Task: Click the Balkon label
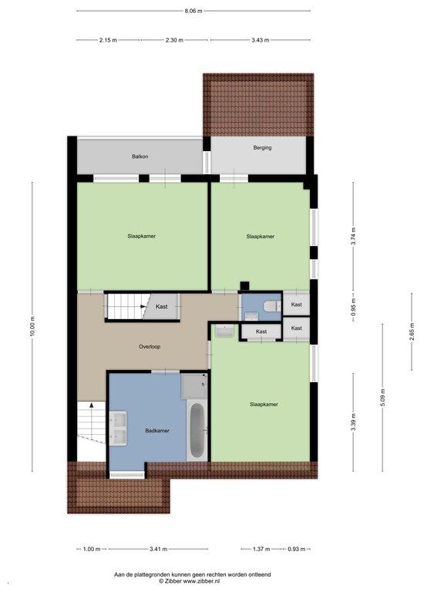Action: coord(140,156)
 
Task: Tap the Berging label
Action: coord(262,148)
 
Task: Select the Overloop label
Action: coord(150,347)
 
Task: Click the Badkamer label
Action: coord(157,430)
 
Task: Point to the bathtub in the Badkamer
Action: coord(197,430)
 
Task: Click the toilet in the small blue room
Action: coord(273,306)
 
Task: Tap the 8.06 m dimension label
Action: coord(193,11)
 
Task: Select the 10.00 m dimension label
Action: coord(32,326)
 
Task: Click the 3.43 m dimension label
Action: coord(261,39)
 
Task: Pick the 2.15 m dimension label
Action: coord(108,39)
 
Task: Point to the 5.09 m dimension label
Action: coord(382,398)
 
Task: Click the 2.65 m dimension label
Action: coord(412,331)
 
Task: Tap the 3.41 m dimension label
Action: coord(158,549)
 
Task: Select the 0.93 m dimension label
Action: coord(296,549)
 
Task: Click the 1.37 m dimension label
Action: coord(261,549)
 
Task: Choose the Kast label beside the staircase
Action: coord(162,307)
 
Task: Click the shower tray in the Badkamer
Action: coord(194,386)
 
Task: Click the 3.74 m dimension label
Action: coord(353,237)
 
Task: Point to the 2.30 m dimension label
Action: coord(174,39)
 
